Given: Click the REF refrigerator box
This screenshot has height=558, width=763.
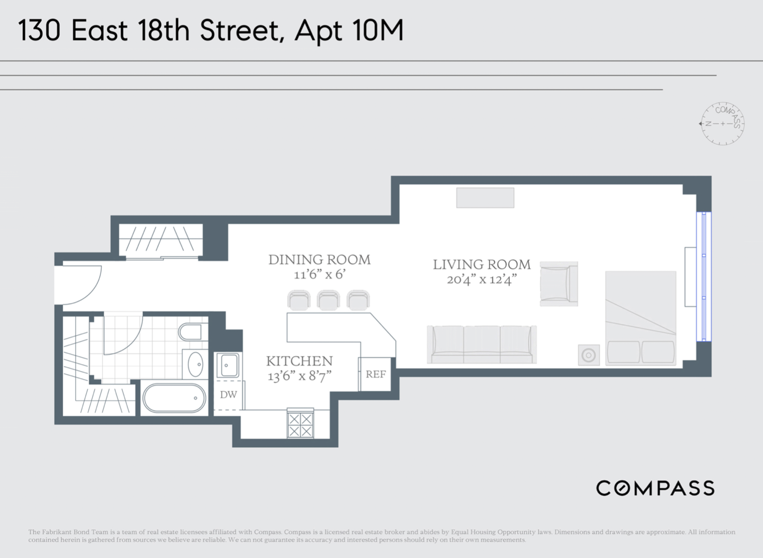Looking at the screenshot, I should (x=375, y=374).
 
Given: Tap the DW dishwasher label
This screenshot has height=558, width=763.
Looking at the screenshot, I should (x=228, y=395).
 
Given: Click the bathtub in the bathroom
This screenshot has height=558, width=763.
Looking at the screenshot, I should (x=174, y=398).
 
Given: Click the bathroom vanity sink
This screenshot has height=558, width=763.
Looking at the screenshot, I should (x=195, y=364).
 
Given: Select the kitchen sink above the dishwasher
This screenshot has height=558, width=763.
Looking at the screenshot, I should (x=228, y=365).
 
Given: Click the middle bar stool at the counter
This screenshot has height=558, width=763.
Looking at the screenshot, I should (x=328, y=300).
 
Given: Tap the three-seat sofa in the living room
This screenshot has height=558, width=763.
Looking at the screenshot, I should (x=481, y=344).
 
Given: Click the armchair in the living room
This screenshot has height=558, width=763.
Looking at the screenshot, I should (x=559, y=284).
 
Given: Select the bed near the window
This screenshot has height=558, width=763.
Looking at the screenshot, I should (x=640, y=318).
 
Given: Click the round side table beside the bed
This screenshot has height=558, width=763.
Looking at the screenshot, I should (x=588, y=355).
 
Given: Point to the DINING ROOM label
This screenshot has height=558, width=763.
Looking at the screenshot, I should (x=319, y=260).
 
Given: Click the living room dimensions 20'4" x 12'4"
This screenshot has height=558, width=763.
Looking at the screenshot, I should (x=481, y=279).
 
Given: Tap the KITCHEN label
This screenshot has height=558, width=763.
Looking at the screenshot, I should (x=299, y=361).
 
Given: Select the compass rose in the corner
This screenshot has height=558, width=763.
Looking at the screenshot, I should (x=722, y=124).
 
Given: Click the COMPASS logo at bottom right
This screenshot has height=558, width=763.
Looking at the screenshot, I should (x=655, y=488).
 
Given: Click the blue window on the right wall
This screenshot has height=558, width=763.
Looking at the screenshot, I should (x=704, y=277).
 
